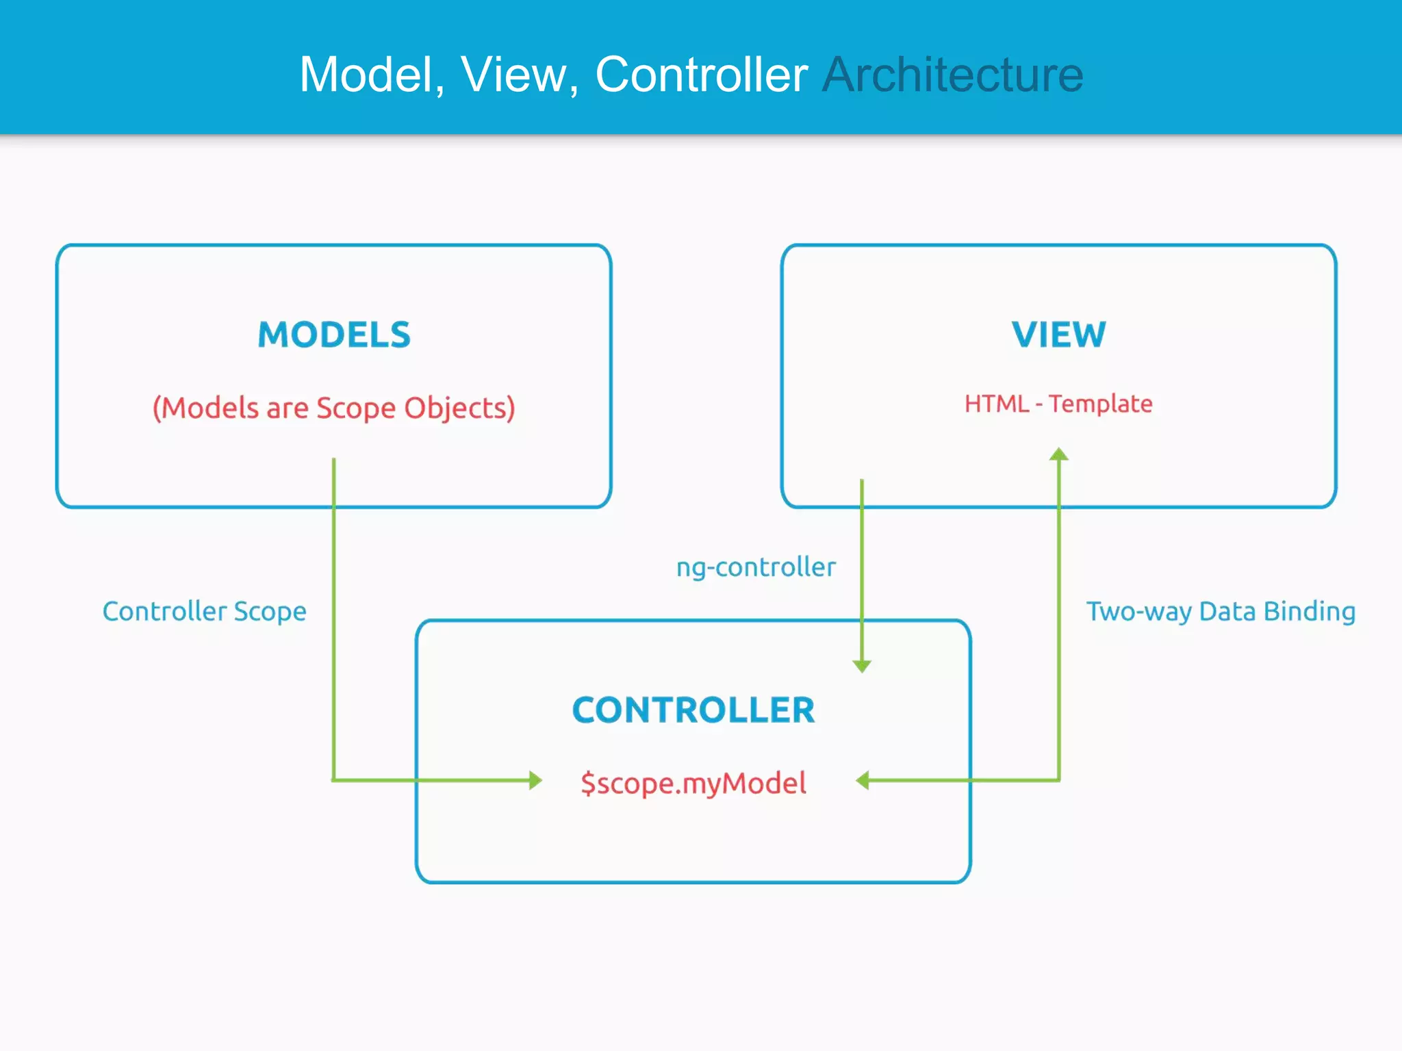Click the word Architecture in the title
tap(952, 75)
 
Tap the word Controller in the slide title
tap(701, 75)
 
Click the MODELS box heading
tap(334, 335)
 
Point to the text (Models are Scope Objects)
tap(334, 408)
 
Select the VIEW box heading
tap(1058, 335)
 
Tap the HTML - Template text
tap(1058, 404)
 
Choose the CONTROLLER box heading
tap(693, 710)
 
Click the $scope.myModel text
tap(693, 783)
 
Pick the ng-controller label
tap(756, 567)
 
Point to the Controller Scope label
tap(204, 611)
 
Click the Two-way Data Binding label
tap(1221, 611)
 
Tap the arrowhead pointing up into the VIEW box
tap(1059, 454)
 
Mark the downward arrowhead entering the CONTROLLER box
tap(862, 666)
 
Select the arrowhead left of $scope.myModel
tap(535, 780)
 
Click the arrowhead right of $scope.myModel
tap(863, 780)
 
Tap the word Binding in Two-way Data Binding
tap(1309, 611)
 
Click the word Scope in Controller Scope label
tap(270, 611)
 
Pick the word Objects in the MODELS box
tap(459, 408)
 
